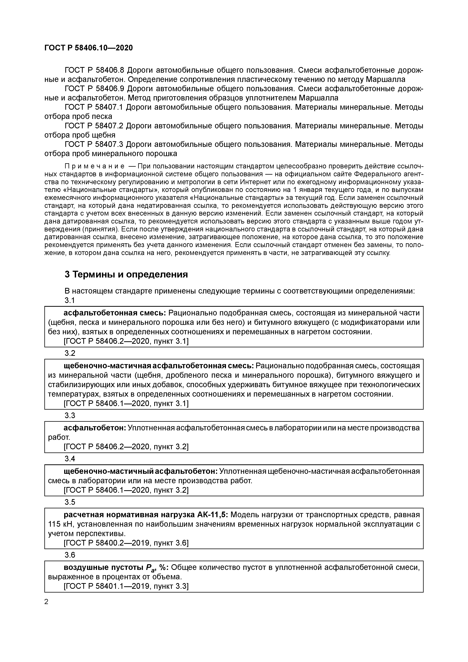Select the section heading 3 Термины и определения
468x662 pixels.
point(126,274)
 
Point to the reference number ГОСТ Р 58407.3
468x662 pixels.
point(94,144)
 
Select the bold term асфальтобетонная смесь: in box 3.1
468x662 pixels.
point(114,313)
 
